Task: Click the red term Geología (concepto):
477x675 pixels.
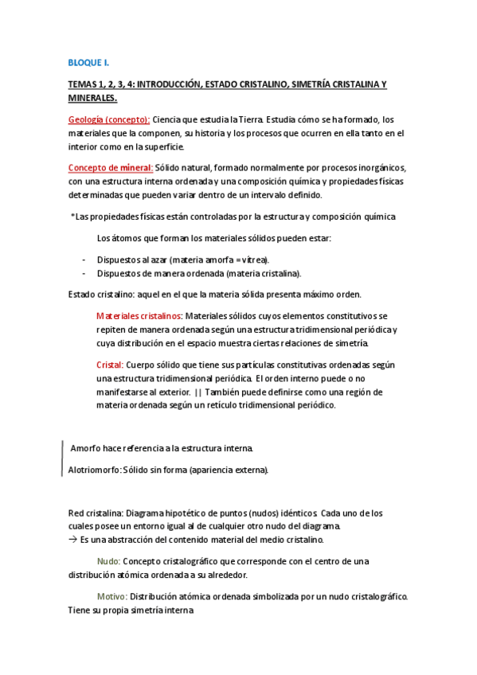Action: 108,119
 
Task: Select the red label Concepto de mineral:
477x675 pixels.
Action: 110,167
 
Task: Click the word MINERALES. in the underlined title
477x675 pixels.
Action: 92,98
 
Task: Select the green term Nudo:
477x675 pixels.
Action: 108,561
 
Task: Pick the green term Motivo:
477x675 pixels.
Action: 111,596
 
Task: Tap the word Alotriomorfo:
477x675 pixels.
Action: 94,470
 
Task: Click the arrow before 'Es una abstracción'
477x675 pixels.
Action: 72,540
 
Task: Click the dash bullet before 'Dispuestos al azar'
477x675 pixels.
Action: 84,260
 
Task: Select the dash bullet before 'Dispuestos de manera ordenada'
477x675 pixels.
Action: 84,274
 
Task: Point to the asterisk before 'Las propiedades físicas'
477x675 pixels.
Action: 72,217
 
